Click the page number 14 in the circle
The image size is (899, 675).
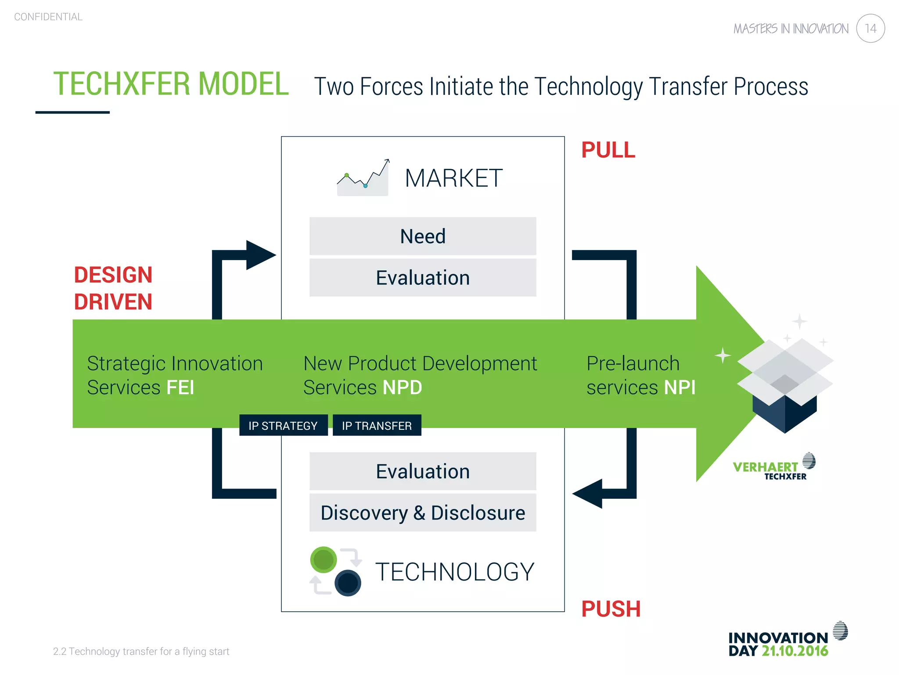coord(870,29)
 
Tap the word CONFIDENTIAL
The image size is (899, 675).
coord(48,17)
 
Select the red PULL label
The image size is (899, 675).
coord(608,150)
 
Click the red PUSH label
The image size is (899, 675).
coord(611,609)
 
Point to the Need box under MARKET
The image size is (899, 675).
coord(422,236)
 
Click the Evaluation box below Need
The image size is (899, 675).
coord(422,278)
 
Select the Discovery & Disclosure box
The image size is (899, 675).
coord(422,513)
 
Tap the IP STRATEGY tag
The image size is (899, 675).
coord(283,425)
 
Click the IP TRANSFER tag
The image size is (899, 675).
coord(377,425)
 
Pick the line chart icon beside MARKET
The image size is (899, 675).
coord(363,178)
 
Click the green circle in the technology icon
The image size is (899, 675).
coord(324,560)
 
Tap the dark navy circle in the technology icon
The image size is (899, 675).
coord(348,583)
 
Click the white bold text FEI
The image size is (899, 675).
coord(180,388)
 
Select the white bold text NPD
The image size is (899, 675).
coord(402,388)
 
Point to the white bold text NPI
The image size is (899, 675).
coord(680,388)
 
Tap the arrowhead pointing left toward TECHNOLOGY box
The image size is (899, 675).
coord(588,494)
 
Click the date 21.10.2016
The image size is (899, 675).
coord(795,651)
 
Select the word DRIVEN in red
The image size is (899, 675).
coord(113,302)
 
